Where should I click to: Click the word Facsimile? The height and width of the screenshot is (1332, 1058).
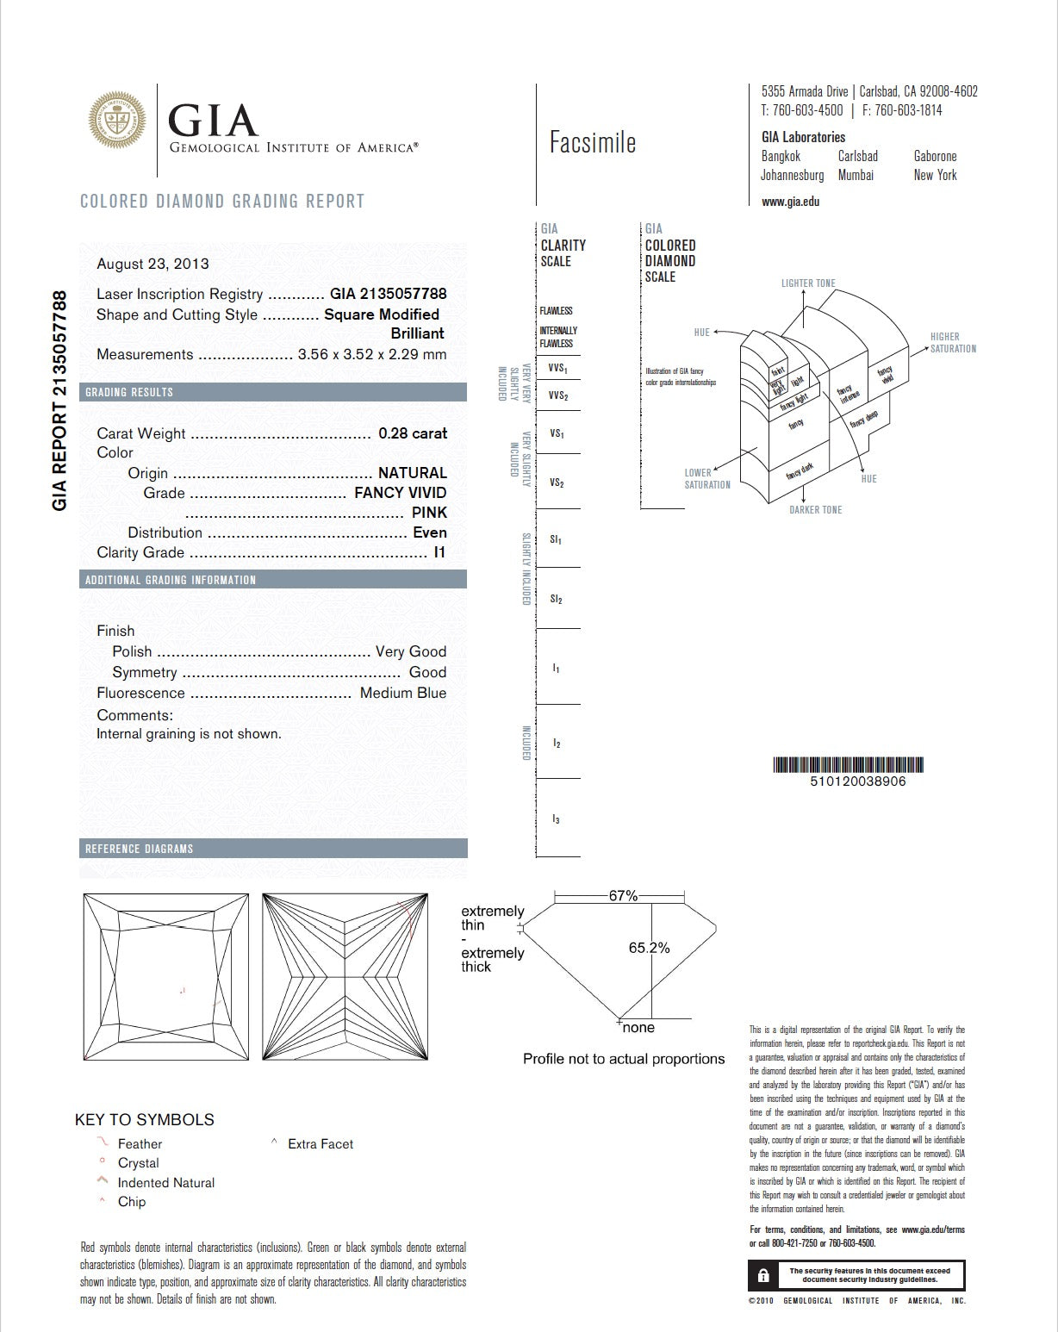[x=593, y=142]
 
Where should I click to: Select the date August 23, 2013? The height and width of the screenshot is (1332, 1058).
[x=152, y=264]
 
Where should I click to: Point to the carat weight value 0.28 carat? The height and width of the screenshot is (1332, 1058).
[x=413, y=433]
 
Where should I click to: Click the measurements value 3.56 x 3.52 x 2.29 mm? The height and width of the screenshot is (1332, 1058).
[x=372, y=354]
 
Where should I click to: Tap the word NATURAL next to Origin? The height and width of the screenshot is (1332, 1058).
[x=413, y=473]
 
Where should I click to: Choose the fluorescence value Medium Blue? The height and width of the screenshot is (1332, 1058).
[x=403, y=693]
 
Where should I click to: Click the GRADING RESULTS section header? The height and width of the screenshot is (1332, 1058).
[x=129, y=392]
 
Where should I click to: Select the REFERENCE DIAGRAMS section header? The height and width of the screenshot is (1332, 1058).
[x=139, y=849]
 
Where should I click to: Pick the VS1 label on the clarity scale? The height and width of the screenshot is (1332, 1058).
[x=557, y=433]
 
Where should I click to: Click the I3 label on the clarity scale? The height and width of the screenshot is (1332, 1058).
[x=557, y=818]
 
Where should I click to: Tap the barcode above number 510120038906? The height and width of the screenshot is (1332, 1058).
[x=850, y=764]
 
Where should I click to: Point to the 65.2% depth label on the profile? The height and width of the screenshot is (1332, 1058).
[x=649, y=948]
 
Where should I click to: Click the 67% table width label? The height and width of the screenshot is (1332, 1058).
[x=623, y=896]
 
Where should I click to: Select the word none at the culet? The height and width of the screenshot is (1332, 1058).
[x=638, y=1028]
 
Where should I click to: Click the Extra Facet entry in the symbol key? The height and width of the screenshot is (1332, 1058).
[x=321, y=1144]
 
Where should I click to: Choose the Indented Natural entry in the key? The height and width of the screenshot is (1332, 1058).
[x=165, y=1183]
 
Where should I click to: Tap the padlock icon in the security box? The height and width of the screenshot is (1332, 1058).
[x=763, y=1275]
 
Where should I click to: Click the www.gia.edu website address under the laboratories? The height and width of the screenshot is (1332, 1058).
[x=790, y=202]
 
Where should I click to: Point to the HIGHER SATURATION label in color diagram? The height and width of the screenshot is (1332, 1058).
[x=952, y=343]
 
